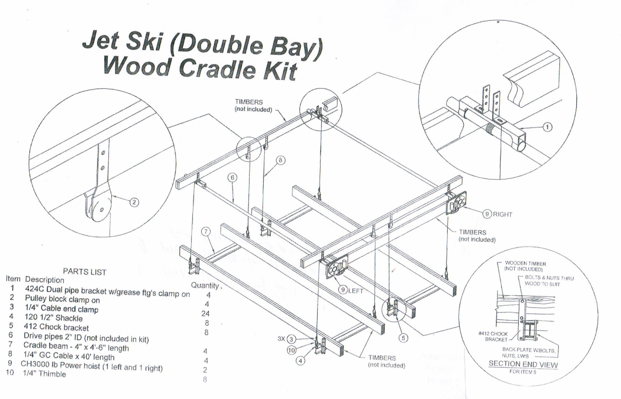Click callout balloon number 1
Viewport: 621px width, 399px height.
click(547, 127)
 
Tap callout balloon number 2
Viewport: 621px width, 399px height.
click(134, 202)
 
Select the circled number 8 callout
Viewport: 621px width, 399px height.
click(280, 160)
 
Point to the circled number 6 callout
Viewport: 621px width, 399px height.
click(232, 177)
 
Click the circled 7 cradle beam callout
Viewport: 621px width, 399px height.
click(206, 231)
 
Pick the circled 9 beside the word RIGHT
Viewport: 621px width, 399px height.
click(487, 214)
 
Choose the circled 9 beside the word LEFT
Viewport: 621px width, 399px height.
click(343, 290)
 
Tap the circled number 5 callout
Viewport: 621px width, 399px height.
click(403, 338)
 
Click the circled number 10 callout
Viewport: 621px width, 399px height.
click(291, 350)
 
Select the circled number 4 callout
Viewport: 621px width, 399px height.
click(300, 361)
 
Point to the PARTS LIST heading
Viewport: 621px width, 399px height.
click(85, 272)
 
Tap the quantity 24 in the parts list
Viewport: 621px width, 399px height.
click(205, 314)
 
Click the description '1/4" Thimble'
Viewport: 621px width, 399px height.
click(44, 374)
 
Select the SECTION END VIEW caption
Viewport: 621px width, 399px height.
click(523, 364)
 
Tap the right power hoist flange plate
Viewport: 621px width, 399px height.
click(457, 202)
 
